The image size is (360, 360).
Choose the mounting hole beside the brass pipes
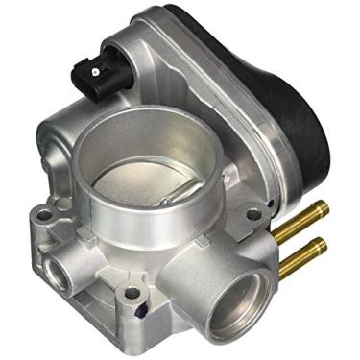pyautogui.click(x=253, y=214)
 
